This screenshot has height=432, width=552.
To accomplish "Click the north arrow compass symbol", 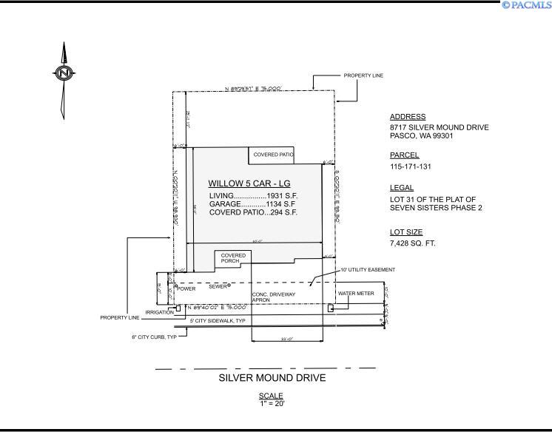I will pos(64,73).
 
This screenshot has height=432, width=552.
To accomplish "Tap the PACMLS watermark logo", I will pos(526,5).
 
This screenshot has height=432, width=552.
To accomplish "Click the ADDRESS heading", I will pos(407,117).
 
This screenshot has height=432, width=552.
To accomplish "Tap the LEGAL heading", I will pos(402,188).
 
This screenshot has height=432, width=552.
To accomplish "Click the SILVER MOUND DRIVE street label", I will pos(272,378).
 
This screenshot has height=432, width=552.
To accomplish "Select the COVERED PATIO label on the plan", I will pos(273,155).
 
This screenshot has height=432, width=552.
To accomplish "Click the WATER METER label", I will pos(356,294).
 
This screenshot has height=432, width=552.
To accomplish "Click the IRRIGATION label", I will pos(158,312).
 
